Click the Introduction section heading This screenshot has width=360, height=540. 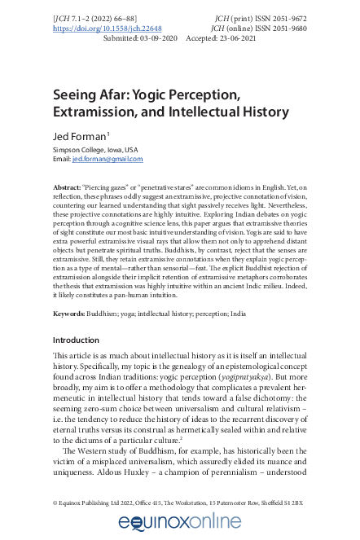[76, 340]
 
